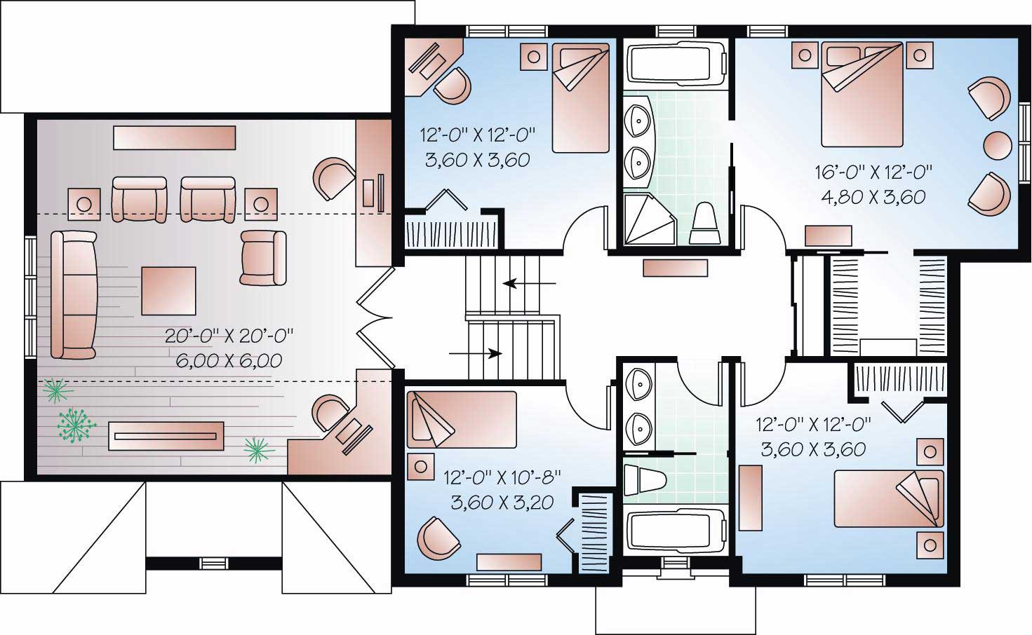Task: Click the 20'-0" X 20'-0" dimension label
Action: tap(229, 336)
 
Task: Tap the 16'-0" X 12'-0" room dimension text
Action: tap(873, 172)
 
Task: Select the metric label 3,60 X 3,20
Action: tap(502, 503)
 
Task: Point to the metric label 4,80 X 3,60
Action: tap(873, 197)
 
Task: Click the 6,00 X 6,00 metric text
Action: tap(229, 360)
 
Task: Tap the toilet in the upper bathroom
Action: tap(704, 224)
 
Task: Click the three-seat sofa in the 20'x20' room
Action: tap(73, 294)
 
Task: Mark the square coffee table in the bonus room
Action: tap(168, 291)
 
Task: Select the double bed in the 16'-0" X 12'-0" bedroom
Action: tap(863, 95)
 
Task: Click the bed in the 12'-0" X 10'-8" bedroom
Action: tap(461, 419)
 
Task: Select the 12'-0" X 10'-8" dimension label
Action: tap(502, 478)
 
